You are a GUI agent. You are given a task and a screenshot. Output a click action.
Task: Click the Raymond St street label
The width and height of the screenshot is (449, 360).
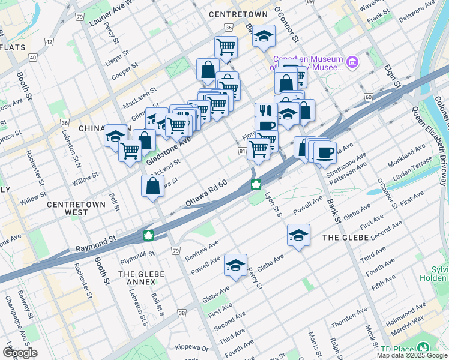click(95, 243)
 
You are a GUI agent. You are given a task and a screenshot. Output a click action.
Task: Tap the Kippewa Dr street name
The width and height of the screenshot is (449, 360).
click(191, 347)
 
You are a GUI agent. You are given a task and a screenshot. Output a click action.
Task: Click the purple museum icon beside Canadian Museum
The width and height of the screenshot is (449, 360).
click(352, 62)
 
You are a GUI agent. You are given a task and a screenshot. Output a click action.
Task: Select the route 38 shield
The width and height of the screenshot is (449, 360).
click(182, 313)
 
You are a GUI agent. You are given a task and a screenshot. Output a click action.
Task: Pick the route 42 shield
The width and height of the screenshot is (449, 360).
click(49, 42)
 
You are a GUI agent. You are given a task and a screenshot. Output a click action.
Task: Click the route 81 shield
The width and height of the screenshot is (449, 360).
click(242, 152)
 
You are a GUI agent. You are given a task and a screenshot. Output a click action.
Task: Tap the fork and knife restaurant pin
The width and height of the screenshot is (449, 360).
click(264, 111)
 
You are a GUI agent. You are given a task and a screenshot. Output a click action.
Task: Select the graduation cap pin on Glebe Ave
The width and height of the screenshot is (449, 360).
click(236, 265)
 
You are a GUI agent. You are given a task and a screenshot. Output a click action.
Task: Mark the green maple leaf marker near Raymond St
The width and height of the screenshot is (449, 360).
click(148, 235)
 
